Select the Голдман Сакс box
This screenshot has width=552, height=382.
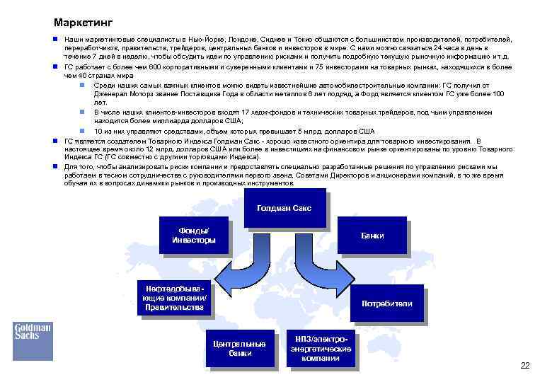[283, 209]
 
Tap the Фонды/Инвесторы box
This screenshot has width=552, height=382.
[194, 236]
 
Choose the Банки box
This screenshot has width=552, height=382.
[372, 236]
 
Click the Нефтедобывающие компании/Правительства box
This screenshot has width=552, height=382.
[174, 298]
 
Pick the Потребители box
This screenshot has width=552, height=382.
[386, 303]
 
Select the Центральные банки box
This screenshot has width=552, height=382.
[239, 348]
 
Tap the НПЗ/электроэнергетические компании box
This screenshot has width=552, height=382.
[321, 348]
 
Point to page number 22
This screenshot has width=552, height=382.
[524, 366]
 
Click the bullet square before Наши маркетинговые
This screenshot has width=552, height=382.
[56, 41]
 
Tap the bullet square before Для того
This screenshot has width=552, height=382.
[56, 166]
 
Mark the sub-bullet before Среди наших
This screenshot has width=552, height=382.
[83, 85]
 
